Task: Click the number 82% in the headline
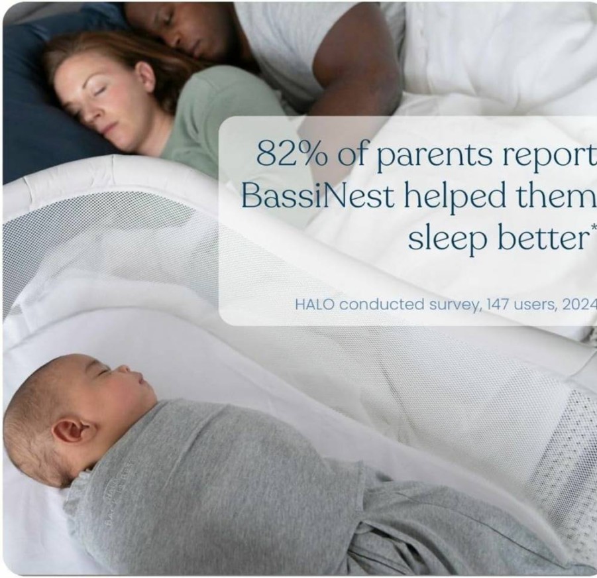click(292, 153)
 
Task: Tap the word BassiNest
click(317, 196)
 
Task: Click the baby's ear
click(71, 430)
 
